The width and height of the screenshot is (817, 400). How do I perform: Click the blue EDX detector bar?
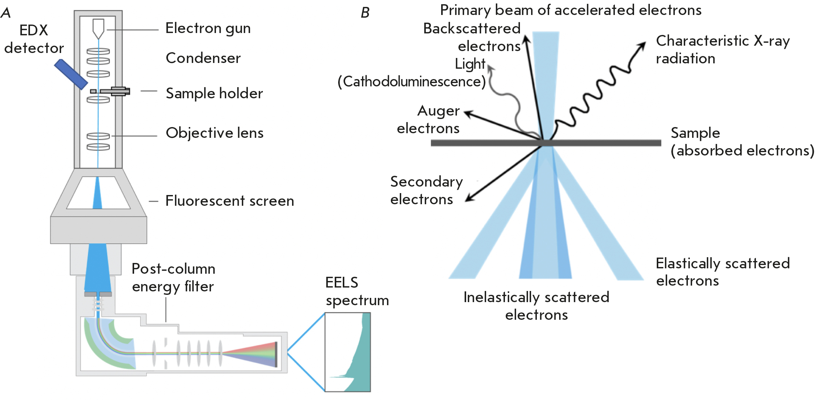pyautogui.click(x=71, y=74)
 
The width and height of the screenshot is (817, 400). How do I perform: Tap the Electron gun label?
pyautogui.click(x=208, y=28)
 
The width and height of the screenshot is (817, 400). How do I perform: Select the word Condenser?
pyautogui.click(x=203, y=58)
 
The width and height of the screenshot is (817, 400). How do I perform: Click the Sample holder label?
pyautogui.click(x=214, y=93)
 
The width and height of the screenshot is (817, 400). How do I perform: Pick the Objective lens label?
pyautogui.click(x=214, y=133)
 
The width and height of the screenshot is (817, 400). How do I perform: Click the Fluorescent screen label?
pyautogui.click(x=229, y=201)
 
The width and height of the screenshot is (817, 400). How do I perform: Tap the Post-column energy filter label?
pyautogui.click(x=173, y=278)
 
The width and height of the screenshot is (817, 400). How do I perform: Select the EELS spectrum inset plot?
pyautogui.click(x=348, y=352)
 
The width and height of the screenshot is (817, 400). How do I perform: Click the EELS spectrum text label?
pyautogui.click(x=357, y=291)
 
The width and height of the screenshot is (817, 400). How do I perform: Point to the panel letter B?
pyautogui.click(x=365, y=13)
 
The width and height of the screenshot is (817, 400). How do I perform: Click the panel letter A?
pyautogui.click(x=6, y=13)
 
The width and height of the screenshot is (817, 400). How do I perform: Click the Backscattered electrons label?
pyautogui.click(x=472, y=37)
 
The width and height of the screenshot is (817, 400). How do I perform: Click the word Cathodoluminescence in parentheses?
pyautogui.click(x=412, y=82)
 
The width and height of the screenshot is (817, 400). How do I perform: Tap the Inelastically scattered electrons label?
pyautogui.click(x=536, y=306)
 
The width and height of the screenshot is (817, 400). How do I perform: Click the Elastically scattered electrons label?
pyautogui.click(x=722, y=272)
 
